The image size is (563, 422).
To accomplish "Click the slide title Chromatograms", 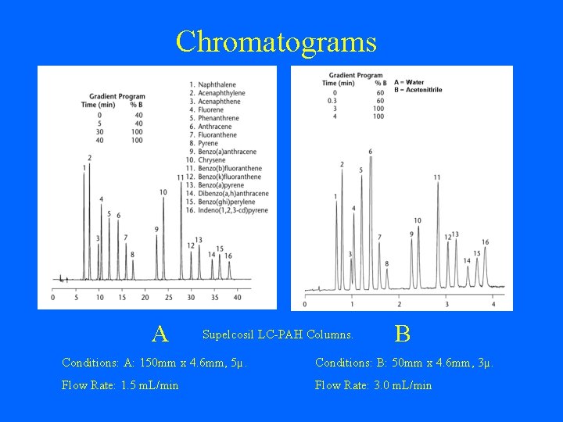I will tap(276, 41).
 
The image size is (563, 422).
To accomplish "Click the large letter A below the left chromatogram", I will tap(160, 334).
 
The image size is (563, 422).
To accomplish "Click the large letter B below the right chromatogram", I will tap(403, 334).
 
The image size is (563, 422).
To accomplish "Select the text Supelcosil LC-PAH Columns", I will tap(278, 334).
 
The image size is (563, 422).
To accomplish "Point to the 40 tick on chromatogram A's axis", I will tap(238, 297).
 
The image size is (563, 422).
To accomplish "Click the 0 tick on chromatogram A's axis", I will tap(52, 297).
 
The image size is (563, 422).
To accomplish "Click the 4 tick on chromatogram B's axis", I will tap(493, 303).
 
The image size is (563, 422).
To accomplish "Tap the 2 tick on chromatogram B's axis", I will tap(399, 303).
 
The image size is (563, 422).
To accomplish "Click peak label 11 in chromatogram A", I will tap(181, 177).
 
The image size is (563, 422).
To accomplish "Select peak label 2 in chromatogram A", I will tap(89, 158).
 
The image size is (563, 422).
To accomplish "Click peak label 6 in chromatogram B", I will tap(370, 151).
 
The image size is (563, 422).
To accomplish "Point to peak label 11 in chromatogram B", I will tap(437, 177).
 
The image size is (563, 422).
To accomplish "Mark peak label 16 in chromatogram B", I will tap(486, 242).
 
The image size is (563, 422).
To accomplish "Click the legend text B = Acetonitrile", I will tap(418, 90).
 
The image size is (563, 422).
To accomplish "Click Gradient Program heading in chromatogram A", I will tap(115, 96).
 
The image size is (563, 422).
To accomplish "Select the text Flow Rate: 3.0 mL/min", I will tap(373, 385).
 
